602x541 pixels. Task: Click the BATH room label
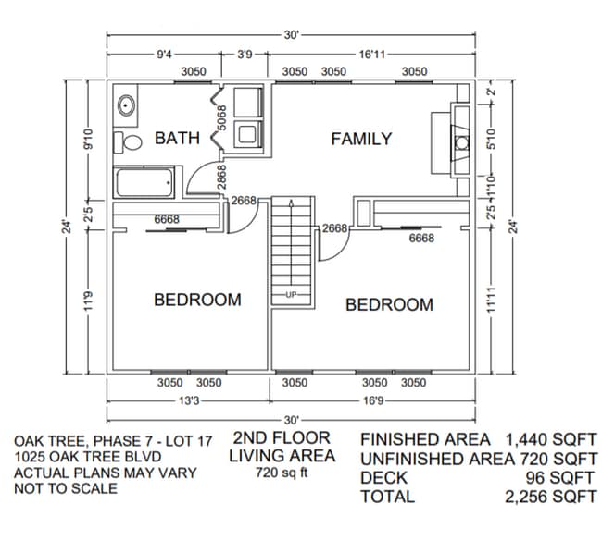(177, 139)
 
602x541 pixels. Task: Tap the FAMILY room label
(361, 139)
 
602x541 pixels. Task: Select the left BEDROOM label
(197, 300)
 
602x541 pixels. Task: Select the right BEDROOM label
(389, 304)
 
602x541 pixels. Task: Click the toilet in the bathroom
(127, 142)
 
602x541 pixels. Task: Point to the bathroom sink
(127, 105)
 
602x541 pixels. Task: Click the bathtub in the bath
(144, 183)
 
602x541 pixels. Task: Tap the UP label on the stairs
(292, 295)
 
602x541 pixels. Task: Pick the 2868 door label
(222, 177)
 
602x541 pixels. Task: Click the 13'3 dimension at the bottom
(188, 401)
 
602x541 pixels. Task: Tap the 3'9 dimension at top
(245, 55)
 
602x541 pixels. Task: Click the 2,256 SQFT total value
(551, 497)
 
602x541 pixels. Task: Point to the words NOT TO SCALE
(66, 488)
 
